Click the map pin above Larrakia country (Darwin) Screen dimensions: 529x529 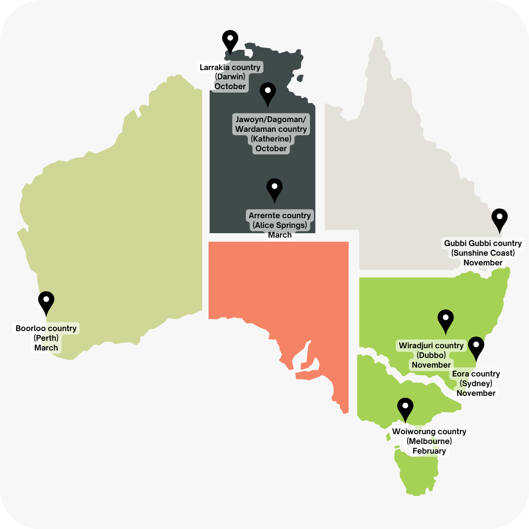(230, 41)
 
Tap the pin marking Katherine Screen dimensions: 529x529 (268, 93)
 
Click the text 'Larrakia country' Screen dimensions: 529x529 (230, 67)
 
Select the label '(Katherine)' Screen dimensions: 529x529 (271, 139)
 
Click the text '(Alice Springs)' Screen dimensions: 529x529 (279, 225)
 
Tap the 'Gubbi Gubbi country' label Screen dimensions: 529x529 (483, 243)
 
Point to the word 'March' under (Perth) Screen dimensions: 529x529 (46, 348)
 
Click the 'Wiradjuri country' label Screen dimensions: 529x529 (431, 346)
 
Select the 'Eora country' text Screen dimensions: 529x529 (476, 374)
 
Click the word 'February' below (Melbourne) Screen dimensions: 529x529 (429, 451)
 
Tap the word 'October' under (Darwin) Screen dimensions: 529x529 (230, 86)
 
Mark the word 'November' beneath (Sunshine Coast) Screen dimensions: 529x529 (483, 263)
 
